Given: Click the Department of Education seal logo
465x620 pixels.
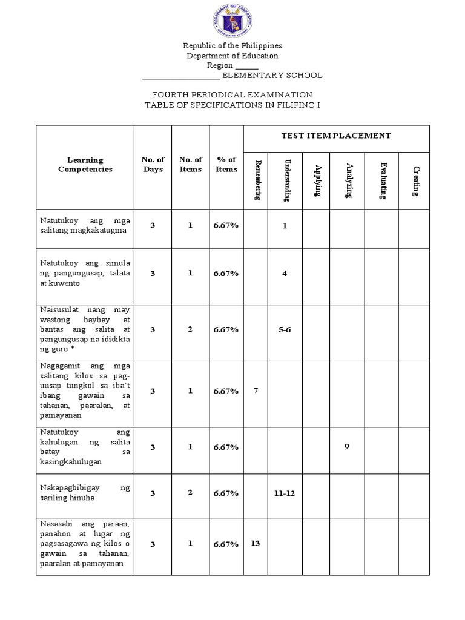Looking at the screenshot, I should click(232, 21).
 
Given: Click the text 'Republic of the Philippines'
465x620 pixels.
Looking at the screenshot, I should click(232, 46).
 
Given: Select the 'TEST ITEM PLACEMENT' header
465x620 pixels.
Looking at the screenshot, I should click(336, 136).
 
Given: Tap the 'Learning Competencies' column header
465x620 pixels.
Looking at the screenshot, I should click(85, 165).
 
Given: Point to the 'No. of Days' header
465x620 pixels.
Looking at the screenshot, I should click(153, 165).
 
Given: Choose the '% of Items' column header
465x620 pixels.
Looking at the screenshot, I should click(226, 165).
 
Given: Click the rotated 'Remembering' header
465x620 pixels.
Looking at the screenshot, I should click(257, 180).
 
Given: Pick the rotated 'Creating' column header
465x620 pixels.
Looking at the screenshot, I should click(415, 180).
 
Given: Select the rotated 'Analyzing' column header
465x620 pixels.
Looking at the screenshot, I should click(348, 180).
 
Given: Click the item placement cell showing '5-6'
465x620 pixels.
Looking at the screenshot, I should click(285, 329).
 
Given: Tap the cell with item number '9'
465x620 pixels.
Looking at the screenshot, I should click(347, 447).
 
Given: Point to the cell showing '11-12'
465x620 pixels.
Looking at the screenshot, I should click(285, 493).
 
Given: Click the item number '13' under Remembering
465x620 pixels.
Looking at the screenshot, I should click(255, 543).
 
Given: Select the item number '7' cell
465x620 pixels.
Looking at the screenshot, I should click(256, 391).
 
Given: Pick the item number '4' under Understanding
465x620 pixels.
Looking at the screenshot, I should click(285, 273).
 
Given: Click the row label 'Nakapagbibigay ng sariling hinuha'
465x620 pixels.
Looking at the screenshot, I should click(85, 493).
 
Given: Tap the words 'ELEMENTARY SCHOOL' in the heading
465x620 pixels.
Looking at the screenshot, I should click(272, 76).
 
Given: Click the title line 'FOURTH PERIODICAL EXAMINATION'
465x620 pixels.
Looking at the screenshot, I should click(232, 95).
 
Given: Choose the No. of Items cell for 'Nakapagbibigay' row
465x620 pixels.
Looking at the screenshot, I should click(190, 493).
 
